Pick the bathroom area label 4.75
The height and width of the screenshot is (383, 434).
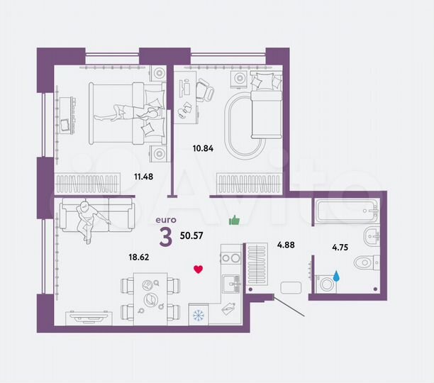point(343,248)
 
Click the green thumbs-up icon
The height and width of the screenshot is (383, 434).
point(235,221)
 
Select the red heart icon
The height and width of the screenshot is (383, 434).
point(199,269)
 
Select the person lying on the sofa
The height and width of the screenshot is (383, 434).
point(89,218)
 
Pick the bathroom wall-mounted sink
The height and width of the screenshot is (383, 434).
point(370,236)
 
